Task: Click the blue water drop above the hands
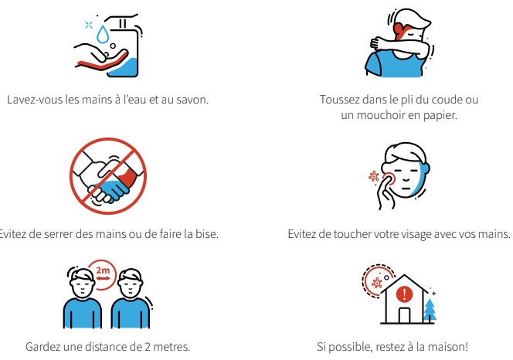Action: (x=103, y=35)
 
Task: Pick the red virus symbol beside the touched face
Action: (x=374, y=177)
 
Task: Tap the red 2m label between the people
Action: (x=103, y=270)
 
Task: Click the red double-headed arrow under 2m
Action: (x=103, y=279)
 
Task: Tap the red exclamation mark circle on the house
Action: (x=404, y=294)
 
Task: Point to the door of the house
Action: (x=404, y=315)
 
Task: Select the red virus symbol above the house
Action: (x=377, y=283)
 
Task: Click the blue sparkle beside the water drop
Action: (x=89, y=25)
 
